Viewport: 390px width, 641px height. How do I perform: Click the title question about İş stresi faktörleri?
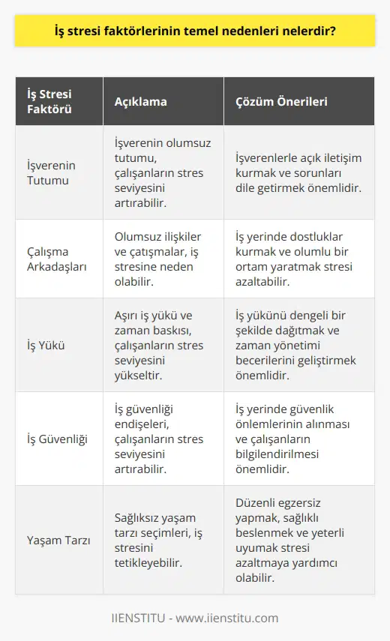[x=194, y=32]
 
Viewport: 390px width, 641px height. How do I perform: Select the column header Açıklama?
[x=139, y=100]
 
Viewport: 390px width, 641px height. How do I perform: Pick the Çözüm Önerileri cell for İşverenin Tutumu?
[x=297, y=172]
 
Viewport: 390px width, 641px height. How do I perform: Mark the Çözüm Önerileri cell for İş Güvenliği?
[x=298, y=439]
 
